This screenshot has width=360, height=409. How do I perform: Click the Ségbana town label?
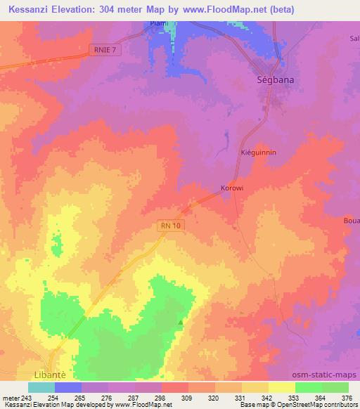coord(273,81)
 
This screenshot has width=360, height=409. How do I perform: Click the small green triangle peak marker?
coord(181,323)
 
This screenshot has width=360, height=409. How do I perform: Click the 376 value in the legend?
coord(347,397)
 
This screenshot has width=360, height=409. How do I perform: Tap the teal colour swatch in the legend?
coord(41,387)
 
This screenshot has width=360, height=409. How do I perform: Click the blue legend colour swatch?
coord(68,387)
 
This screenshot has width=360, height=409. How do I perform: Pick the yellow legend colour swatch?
coord(282,387)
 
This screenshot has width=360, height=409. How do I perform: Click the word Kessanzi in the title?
coord(31,9)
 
